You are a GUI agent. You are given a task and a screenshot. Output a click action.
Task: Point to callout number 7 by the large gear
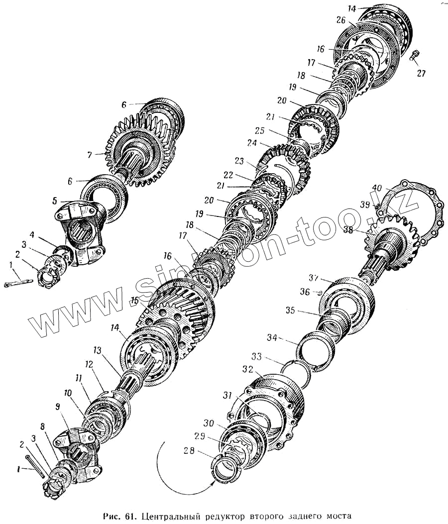click(x=90, y=155)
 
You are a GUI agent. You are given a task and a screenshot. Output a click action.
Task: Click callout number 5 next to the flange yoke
click(x=55, y=202)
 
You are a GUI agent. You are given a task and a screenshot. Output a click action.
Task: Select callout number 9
click(x=58, y=406)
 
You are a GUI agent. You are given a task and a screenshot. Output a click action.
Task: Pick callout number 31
click(x=227, y=396)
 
